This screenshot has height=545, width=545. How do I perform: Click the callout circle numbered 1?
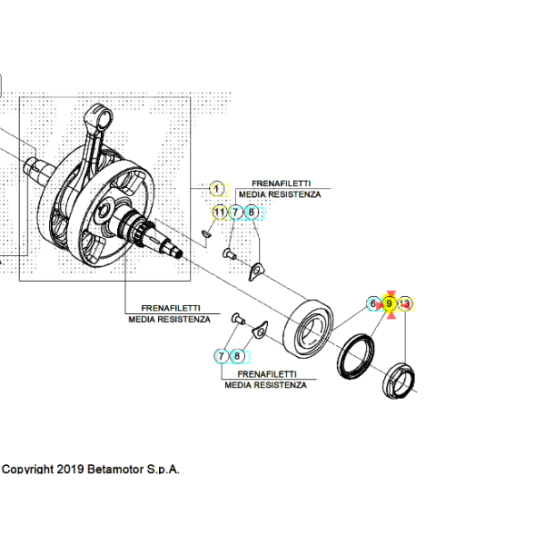217,190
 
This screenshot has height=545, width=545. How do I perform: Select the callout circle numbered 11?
220,213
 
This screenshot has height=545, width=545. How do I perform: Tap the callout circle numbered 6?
373,304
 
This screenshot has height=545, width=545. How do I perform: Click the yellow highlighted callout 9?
390,304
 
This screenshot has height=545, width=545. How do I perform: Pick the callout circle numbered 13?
405,304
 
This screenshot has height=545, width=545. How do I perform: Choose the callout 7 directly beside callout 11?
235,213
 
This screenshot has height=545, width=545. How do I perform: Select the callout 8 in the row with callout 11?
252,213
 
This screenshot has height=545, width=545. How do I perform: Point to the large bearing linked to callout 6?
308,329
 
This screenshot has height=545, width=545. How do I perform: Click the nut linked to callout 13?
399,381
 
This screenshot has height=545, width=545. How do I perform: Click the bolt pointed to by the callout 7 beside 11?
229,254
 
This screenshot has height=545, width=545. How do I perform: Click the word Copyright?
28,470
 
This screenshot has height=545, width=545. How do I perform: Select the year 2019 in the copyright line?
70,470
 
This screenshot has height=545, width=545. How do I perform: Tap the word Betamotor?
115,470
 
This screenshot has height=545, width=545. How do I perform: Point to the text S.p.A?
163,470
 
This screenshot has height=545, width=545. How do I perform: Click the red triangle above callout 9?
391,294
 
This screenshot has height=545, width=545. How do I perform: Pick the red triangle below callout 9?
391,315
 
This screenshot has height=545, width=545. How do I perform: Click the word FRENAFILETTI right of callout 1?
282,183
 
